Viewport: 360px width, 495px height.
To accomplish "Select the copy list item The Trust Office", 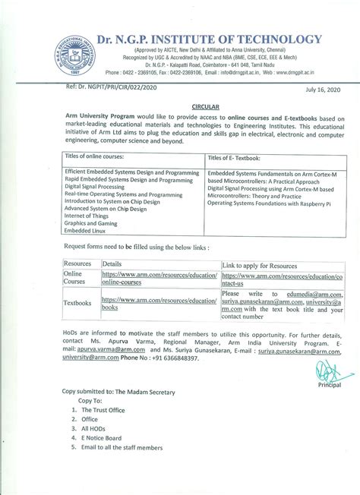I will coord(107,409).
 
